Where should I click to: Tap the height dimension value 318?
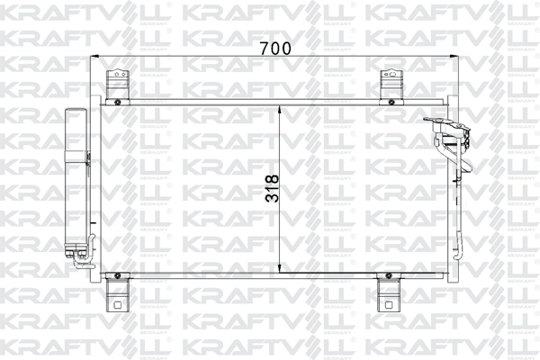(267, 187)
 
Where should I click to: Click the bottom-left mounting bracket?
(114, 292)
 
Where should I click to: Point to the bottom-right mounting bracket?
(389, 292)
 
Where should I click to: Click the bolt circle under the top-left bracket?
(117, 103)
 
